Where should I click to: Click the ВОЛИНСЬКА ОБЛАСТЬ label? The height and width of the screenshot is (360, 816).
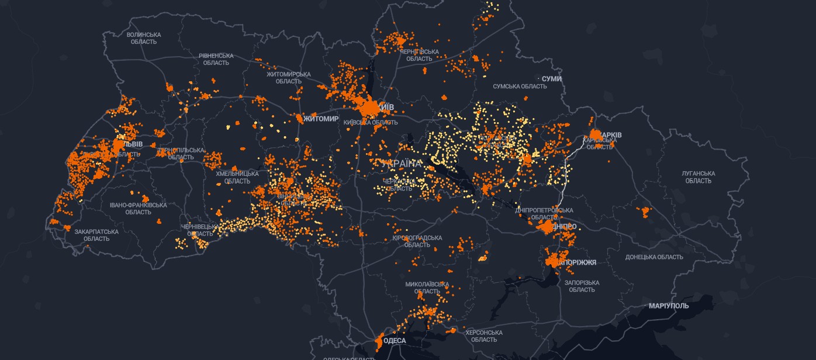[x=143, y=38]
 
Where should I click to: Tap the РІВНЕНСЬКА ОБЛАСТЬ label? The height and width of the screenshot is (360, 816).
[x=216, y=59]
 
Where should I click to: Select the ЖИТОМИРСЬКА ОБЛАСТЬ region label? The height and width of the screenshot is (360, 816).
[x=288, y=77]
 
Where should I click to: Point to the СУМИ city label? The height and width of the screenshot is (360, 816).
[x=551, y=79]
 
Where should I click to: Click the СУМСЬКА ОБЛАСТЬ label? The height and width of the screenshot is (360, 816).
[x=520, y=86]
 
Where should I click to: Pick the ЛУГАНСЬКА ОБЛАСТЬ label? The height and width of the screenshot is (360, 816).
[x=698, y=177]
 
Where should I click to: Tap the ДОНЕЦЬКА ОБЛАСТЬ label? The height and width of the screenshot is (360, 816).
[x=654, y=257]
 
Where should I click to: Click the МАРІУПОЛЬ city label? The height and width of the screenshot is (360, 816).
[x=669, y=306]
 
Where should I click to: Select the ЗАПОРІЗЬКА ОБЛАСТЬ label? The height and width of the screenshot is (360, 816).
[x=582, y=286]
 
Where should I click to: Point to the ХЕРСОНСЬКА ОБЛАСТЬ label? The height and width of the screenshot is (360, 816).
[x=484, y=336]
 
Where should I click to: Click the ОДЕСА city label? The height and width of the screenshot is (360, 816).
[x=395, y=341]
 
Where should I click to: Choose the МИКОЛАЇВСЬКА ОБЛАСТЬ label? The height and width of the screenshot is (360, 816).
[x=427, y=288]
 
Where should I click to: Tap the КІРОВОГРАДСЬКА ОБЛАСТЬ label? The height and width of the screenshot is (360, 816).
[x=417, y=241]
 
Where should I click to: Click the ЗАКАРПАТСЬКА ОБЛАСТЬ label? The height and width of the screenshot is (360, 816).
[x=96, y=235]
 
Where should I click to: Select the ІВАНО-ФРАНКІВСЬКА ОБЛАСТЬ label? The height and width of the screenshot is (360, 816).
[x=138, y=209]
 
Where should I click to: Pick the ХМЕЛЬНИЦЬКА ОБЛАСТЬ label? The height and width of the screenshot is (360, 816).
[x=237, y=177]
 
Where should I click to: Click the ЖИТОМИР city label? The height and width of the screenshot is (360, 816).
[x=321, y=119]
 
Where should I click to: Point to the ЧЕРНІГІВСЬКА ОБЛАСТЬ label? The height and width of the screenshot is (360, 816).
[x=419, y=56]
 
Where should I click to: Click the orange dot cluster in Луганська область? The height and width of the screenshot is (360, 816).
[x=645, y=212]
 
